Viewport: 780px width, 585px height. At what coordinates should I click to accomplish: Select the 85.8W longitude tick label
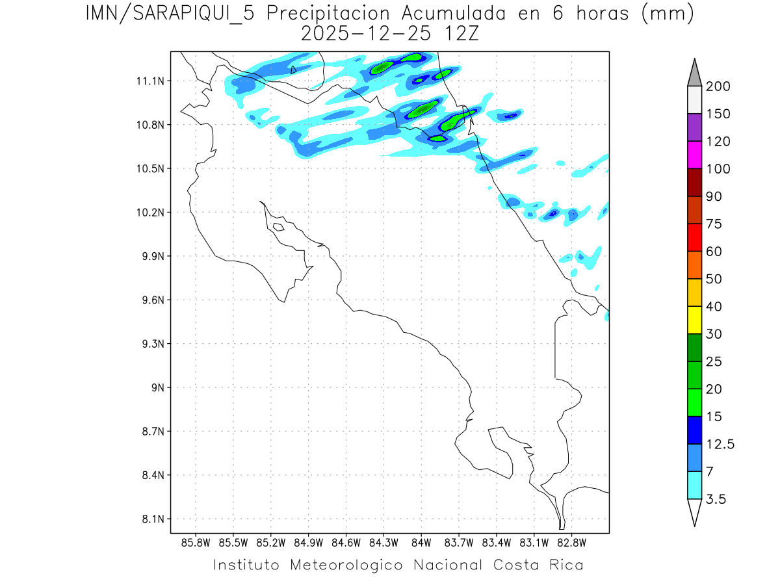196,542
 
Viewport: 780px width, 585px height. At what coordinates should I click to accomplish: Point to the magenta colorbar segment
694,155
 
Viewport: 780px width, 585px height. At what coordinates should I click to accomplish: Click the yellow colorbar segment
694,320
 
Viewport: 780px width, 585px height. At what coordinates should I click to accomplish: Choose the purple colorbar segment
694,127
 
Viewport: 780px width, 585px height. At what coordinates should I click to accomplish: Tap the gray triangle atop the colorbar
694,72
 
